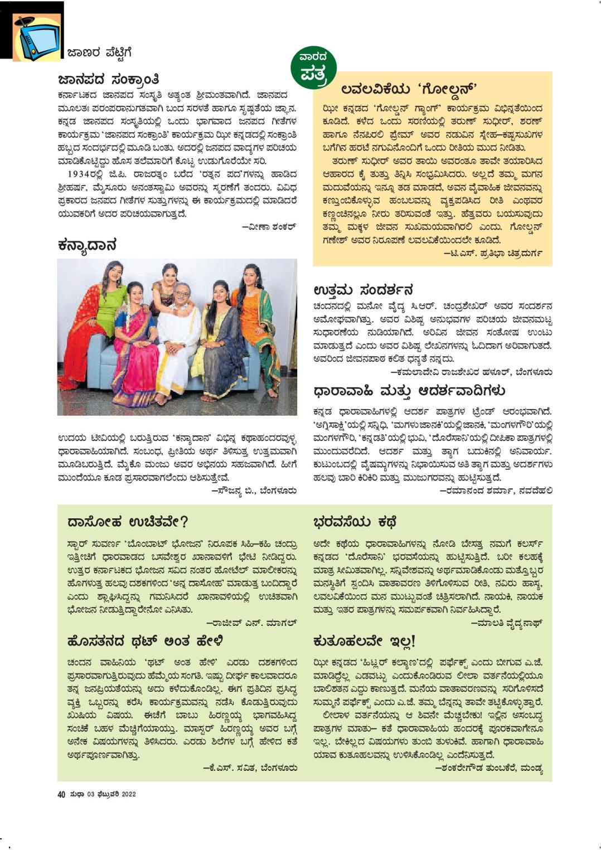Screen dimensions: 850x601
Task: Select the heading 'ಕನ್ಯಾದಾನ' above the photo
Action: pyautogui.click(x=87, y=245)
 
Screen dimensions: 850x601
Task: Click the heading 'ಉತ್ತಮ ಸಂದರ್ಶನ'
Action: pyautogui.click(x=363, y=290)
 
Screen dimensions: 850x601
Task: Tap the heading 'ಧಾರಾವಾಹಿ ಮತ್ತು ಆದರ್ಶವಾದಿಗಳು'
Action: pyautogui.click(x=410, y=390)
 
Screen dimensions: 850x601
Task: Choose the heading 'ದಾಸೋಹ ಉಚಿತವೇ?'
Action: pyautogui.click(x=128, y=522)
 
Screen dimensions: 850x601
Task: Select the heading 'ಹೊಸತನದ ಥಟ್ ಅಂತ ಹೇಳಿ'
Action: pyautogui.click(x=144, y=641)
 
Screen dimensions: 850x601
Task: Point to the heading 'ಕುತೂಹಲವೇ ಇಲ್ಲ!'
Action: pyautogui.click(x=365, y=641)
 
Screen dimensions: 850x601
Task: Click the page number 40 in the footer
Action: pyautogui.click(x=61, y=794)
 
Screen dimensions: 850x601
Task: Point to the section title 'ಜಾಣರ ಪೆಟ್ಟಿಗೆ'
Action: pyautogui.click(x=99, y=53)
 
